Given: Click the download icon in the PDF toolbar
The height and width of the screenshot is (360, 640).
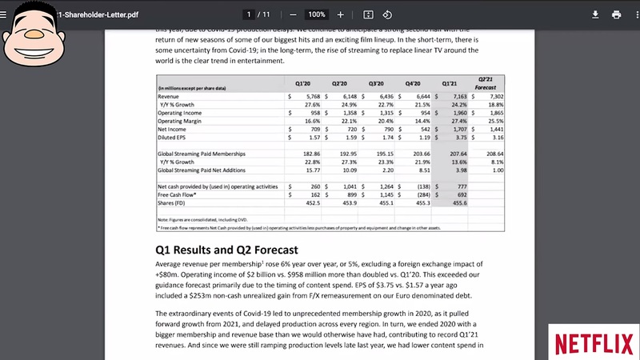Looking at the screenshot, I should (595, 14).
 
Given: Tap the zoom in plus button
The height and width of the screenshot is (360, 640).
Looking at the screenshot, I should (341, 14).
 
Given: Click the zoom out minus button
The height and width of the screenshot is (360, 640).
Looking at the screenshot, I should (293, 14).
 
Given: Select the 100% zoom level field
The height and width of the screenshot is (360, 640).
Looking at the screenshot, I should (317, 14).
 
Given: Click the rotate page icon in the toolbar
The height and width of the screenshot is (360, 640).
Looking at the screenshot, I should (387, 14).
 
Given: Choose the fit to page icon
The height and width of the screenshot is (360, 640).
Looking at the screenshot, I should (368, 14).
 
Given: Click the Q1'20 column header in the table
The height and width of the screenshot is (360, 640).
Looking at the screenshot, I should (302, 83).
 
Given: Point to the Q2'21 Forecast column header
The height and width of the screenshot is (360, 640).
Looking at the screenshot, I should (486, 83).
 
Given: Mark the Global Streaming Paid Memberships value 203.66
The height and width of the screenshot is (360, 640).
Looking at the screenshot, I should (418, 153).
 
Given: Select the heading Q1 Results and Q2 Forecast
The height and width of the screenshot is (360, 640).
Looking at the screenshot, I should (226, 249).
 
